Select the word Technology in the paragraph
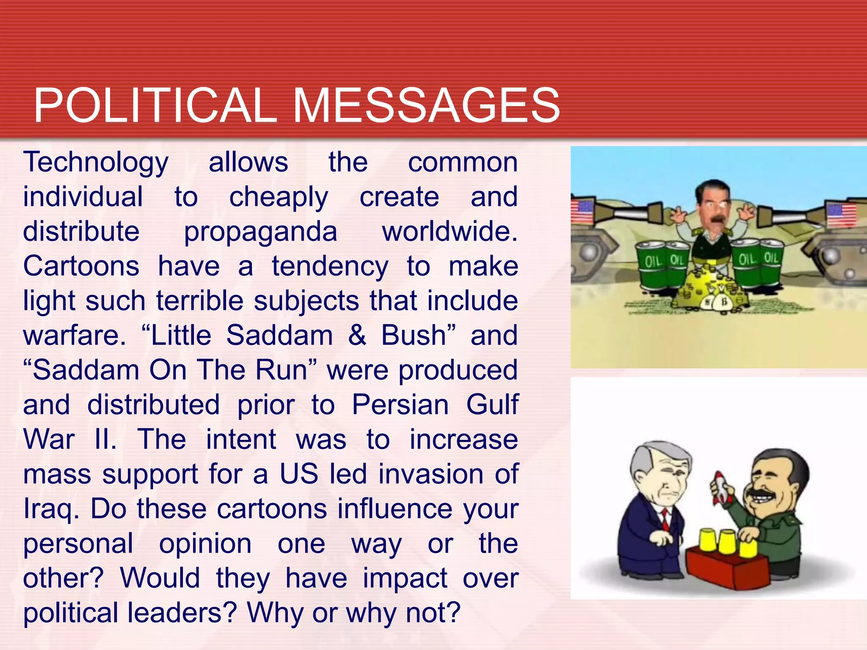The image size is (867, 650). [x=96, y=163]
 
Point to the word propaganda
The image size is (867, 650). [x=260, y=232]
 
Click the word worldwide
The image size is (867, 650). [x=450, y=232]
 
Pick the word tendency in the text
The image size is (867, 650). [x=330, y=267]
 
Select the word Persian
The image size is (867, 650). [x=400, y=405]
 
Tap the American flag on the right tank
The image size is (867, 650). [x=842, y=215]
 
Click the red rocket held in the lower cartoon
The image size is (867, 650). [x=720, y=487]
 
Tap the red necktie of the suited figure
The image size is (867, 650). [x=665, y=520]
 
